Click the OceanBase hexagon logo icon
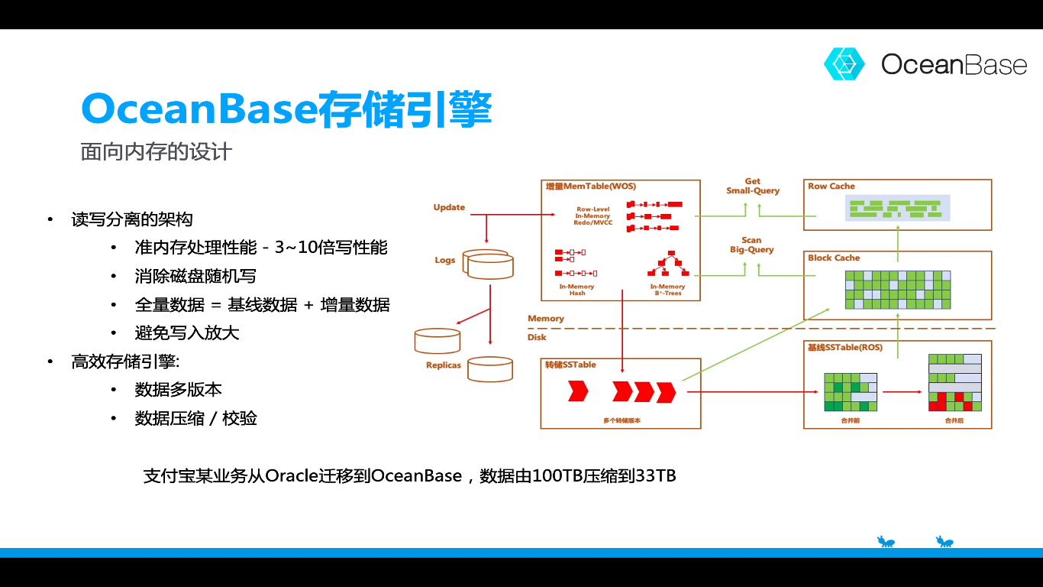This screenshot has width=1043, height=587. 844,64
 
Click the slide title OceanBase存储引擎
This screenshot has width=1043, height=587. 286,109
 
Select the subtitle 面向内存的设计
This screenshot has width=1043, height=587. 157,151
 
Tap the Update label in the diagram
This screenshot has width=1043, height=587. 449,207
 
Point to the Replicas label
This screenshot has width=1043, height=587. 444,365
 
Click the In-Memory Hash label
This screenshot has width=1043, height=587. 576,290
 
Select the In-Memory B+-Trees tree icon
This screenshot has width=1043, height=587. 668,264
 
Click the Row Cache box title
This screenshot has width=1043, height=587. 831,186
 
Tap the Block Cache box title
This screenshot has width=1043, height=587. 834,258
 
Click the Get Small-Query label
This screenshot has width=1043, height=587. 753,186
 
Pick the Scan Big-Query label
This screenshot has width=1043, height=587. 752,245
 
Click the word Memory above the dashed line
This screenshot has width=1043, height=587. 546,319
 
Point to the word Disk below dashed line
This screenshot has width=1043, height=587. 537,337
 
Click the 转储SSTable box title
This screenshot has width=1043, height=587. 570,365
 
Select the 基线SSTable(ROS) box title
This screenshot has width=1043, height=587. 844,348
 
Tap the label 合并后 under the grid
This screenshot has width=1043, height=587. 954,420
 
